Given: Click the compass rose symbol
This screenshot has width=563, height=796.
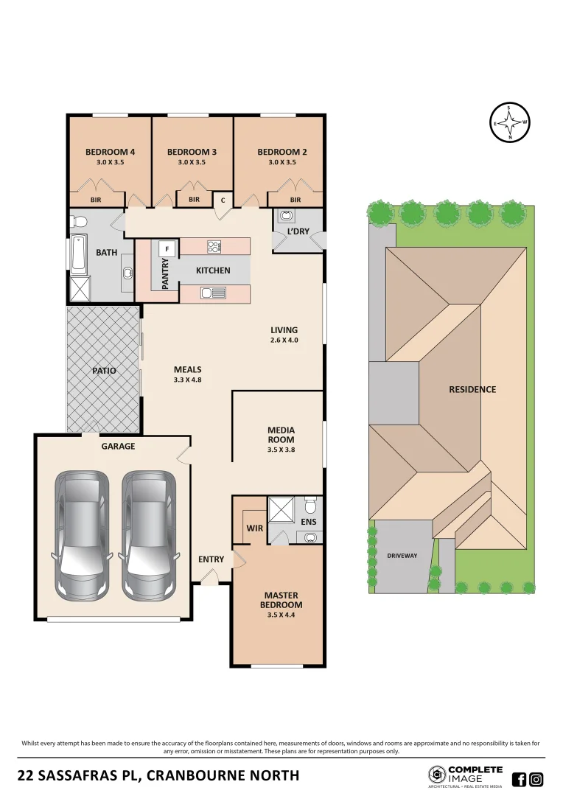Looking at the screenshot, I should [510, 122].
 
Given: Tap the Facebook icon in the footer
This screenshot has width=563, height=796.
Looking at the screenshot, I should [519, 779].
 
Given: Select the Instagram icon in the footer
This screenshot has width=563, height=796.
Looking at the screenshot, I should [536, 779].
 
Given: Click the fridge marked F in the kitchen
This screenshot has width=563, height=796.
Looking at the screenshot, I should [167, 248].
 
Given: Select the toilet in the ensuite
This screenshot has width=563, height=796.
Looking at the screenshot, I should [310, 506].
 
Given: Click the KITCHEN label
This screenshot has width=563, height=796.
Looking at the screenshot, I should [213, 270].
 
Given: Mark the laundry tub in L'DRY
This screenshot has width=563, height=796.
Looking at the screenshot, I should [286, 216].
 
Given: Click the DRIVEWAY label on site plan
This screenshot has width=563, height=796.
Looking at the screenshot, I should [402, 556].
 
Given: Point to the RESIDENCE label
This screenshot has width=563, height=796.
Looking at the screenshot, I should [472, 389].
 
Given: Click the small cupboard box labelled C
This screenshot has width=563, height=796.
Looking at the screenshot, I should [223, 200].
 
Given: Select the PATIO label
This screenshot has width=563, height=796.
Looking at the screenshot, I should [104, 371].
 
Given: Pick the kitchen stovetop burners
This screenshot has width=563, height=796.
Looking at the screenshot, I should [214, 246].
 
